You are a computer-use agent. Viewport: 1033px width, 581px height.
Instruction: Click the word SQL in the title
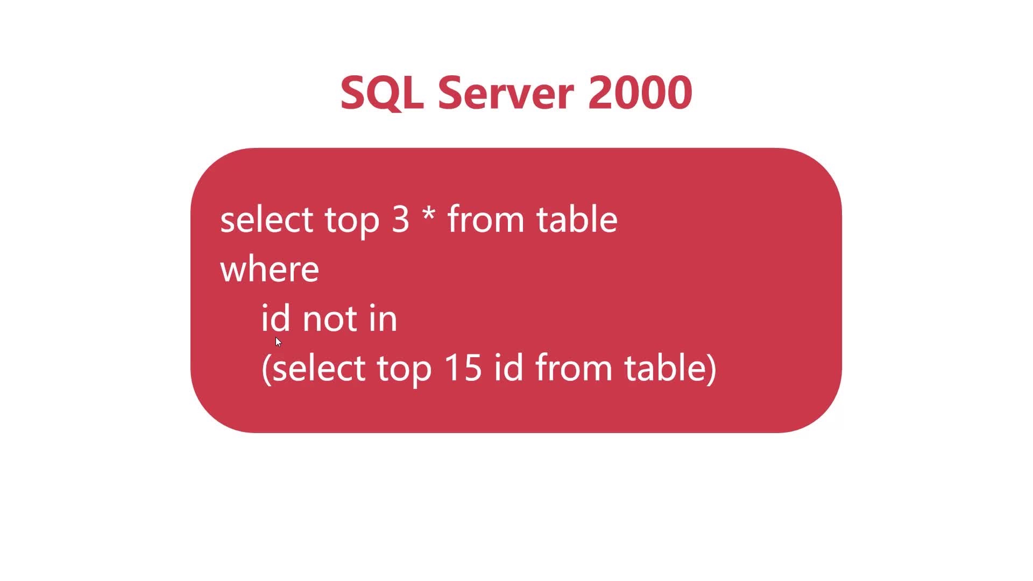coord(381,93)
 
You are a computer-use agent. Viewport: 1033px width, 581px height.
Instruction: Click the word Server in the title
coord(506,93)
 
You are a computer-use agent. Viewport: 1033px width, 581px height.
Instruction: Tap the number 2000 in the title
coord(640,93)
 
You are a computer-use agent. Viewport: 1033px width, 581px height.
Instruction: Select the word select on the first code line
coord(266,219)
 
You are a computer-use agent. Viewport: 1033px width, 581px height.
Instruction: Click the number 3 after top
coord(400,219)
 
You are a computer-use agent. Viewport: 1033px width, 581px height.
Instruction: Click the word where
coord(270,269)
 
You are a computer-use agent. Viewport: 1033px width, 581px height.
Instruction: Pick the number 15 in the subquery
coord(463,368)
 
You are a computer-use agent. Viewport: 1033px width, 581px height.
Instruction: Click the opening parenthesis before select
coord(267,369)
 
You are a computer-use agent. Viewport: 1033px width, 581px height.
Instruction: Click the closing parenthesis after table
coord(711,369)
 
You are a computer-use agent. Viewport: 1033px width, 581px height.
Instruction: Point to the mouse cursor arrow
coord(278,342)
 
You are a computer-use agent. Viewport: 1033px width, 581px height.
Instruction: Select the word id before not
coord(275,318)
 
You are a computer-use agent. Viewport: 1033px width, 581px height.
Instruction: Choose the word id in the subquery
coord(508,367)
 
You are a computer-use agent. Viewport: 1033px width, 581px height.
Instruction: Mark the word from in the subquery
coord(574,367)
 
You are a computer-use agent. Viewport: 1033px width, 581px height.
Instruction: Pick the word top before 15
coord(404,370)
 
